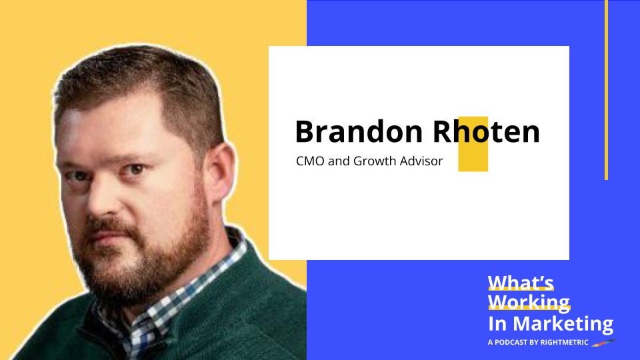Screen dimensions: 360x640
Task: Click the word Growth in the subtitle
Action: (x=377, y=161)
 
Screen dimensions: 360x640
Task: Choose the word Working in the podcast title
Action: (x=529, y=302)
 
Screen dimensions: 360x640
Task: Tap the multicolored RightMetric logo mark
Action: (x=605, y=343)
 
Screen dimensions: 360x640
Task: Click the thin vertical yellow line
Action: (x=606, y=90)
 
